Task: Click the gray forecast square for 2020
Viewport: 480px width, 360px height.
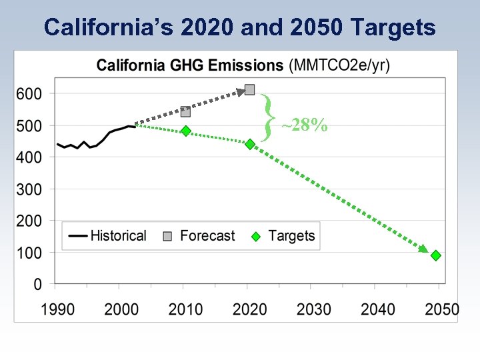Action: click(250, 89)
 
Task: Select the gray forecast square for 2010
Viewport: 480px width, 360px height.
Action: click(186, 112)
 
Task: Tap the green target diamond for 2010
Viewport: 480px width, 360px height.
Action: click(186, 131)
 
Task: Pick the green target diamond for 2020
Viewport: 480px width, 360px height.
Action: click(250, 144)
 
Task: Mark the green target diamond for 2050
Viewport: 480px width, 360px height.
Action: click(435, 255)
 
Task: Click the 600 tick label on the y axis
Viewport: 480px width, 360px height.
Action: click(29, 94)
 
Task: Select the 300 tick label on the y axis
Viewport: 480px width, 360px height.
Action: click(29, 189)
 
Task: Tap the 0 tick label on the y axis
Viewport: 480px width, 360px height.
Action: click(37, 285)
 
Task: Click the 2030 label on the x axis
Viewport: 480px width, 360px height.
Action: click(313, 310)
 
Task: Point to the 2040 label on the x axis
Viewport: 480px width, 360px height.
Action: click(378, 310)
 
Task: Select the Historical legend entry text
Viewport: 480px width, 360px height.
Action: click(118, 235)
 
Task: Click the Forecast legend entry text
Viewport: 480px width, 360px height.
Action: click(207, 235)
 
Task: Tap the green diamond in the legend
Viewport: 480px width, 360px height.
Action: click(255, 236)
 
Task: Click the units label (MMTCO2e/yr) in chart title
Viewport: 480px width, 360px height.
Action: click(340, 65)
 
